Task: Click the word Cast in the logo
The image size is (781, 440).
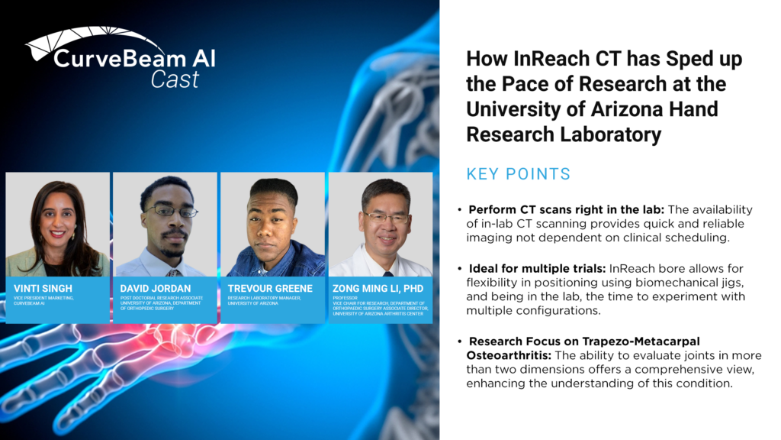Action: [175, 79]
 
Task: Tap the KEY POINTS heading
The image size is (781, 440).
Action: [518, 174]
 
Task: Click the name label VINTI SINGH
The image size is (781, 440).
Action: [43, 288]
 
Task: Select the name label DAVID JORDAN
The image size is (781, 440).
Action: [156, 288]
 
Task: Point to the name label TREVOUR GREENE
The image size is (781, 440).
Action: [270, 288]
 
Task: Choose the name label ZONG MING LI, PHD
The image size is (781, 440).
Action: [378, 288]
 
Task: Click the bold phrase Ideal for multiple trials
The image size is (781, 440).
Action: [537, 268]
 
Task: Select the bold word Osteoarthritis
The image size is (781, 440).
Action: [509, 355]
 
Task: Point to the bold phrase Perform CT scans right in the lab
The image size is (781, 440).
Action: [567, 209]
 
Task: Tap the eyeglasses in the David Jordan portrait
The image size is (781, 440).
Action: [170, 212]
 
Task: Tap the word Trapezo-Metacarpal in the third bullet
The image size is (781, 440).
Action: [641, 341]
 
